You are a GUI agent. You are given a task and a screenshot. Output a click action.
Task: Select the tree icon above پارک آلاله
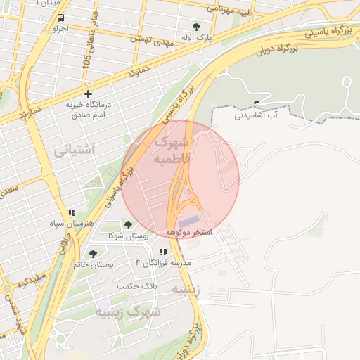pos(196,27)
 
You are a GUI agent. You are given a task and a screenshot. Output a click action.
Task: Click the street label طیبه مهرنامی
pos(229,9)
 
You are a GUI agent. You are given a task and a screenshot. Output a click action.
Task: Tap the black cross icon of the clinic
pos(88,94)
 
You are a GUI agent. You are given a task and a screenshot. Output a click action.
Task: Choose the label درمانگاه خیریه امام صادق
pos(89,109)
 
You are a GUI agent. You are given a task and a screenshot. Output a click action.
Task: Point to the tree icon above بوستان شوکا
pos(127,225)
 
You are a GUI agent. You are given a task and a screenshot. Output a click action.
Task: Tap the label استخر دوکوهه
pos(189,231)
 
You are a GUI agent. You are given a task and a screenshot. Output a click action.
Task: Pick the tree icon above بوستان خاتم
pos(93,254)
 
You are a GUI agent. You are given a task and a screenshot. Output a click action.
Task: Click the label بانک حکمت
pos(136,285)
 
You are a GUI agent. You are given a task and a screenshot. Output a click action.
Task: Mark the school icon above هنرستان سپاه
pos(71,212)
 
